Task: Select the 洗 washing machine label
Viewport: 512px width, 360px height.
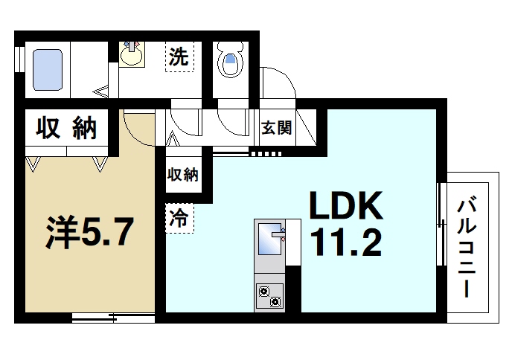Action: point(179,57)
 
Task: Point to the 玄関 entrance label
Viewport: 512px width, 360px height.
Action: point(276,128)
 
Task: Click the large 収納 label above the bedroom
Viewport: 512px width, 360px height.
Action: point(67,129)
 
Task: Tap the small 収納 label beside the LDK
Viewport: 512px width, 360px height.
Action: point(182,176)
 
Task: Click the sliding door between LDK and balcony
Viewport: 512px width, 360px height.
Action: point(441,223)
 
